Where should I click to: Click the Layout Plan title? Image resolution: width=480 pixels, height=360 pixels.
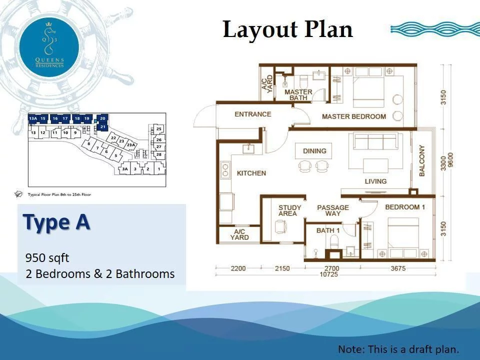[287, 29]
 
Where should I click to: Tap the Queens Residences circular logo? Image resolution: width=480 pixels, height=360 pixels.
[49, 45]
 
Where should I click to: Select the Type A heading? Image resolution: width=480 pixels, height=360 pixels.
[56, 222]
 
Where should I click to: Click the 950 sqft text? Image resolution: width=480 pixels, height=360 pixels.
[47, 258]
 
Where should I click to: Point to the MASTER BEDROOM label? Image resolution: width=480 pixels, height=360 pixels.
[353, 116]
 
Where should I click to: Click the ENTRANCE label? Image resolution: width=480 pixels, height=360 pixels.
[252, 114]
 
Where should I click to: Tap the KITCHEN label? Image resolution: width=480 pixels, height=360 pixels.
[251, 173]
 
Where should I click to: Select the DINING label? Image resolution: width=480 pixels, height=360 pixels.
[314, 150]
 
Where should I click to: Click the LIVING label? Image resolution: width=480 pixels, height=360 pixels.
[375, 181]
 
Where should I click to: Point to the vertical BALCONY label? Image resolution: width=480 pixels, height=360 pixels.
[422, 160]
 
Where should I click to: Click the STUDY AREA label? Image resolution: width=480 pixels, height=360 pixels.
[290, 210]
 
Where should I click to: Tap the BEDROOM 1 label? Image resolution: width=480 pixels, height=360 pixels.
[405, 207]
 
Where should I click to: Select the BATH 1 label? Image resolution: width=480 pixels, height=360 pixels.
[328, 230]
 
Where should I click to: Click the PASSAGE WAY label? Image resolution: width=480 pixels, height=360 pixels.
[333, 210]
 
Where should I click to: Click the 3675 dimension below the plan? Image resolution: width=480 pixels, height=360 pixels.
[398, 268]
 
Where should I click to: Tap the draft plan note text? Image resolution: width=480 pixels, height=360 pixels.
[398, 349]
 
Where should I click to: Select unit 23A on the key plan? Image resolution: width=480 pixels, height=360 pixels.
[131, 145]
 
